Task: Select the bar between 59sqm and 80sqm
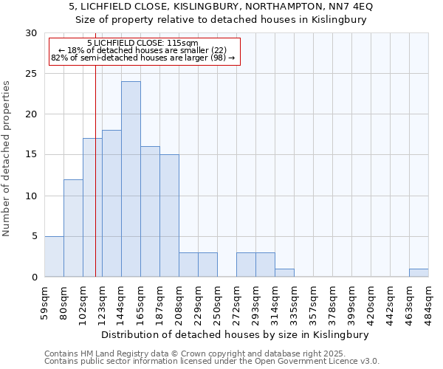pyautogui.click(x=54, y=256)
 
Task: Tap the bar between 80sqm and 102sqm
pyautogui.click(x=73, y=228)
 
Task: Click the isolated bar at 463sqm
pyautogui.click(x=419, y=272)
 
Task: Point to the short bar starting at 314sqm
pyautogui.click(x=284, y=273)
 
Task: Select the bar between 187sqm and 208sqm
pyautogui.click(x=169, y=215)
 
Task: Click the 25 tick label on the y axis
pyautogui.click(x=31, y=74)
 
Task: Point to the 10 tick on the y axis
pyautogui.click(x=31, y=196)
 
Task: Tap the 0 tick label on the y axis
pyautogui.click(x=34, y=277)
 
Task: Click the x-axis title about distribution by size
pyautogui.click(x=235, y=334)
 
